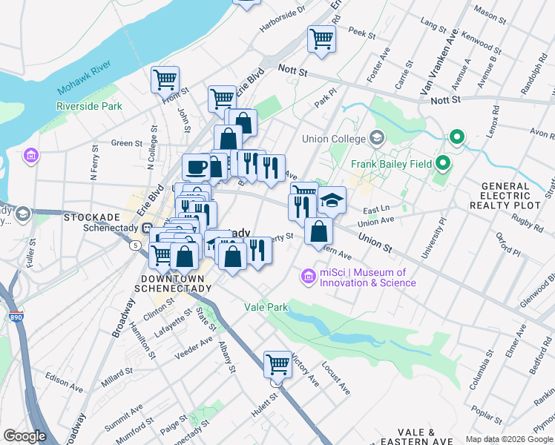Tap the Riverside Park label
click(x=89, y=106)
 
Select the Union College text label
click(x=334, y=139)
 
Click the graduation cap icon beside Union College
click(x=377, y=138)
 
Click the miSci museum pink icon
click(x=308, y=277)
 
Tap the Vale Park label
click(x=266, y=306)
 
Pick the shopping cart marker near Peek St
click(x=321, y=38)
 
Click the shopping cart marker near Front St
click(x=165, y=79)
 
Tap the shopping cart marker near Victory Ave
click(x=277, y=363)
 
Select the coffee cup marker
click(x=197, y=167)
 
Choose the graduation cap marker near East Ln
click(x=332, y=200)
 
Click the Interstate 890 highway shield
click(x=16, y=317)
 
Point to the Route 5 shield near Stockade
click(x=135, y=244)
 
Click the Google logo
click(x=24, y=437)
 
